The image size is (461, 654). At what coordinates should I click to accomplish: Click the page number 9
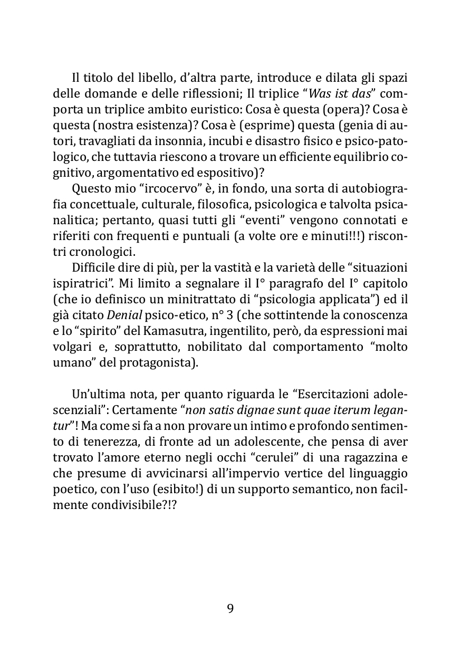pyautogui.click(x=230, y=609)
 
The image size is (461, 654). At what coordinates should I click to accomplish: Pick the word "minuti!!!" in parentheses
pyautogui.click(x=328, y=238)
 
